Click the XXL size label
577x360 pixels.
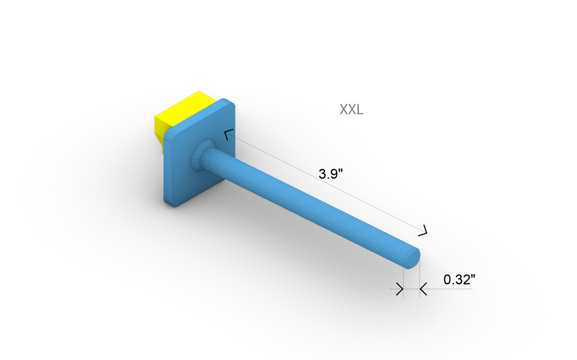[351, 109]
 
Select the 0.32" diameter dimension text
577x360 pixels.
[459, 279]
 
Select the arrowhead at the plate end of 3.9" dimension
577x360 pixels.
[228, 135]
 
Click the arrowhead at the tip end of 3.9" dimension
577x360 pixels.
[423, 230]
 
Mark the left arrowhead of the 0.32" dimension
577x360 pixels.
[400, 290]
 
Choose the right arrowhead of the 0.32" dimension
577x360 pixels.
[423, 290]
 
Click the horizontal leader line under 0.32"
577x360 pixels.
[451, 290]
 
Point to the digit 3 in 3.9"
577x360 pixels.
[322, 174]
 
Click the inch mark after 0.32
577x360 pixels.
[473, 276]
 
